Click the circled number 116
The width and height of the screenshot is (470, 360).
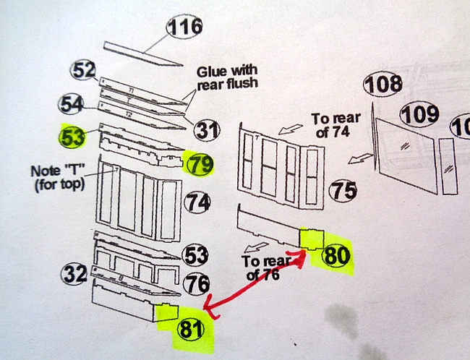click(x=184, y=26)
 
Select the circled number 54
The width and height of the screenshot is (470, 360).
click(x=70, y=104)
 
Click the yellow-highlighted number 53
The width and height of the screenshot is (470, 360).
click(x=72, y=137)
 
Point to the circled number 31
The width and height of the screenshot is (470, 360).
click(x=207, y=131)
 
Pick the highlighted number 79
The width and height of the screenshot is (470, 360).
click(x=200, y=164)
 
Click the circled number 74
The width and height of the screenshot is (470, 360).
click(x=197, y=202)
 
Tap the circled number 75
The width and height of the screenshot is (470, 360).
click(x=343, y=191)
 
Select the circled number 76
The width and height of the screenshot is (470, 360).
click(x=197, y=283)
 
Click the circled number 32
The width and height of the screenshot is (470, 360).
click(x=74, y=274)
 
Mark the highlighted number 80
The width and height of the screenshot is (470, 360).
click(x=336, y=256)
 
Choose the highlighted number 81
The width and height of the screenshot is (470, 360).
click(x=191, y=329)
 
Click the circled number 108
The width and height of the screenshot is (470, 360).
click(x=383, y=84)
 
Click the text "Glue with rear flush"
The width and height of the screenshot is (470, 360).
click(x=227, y=77)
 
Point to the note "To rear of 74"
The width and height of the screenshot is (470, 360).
click(x=335, y=125)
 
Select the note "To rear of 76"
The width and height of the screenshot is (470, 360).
click(x=266, y=267)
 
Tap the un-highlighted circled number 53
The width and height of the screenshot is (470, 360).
click(x=195, y=255)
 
